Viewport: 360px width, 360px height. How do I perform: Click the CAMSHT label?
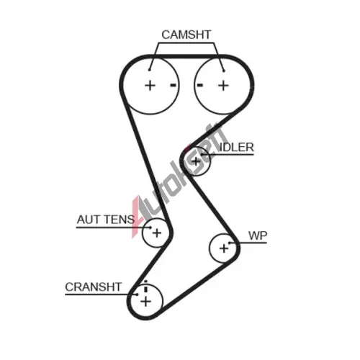[186, 35]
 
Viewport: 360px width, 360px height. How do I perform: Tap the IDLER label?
[237, 147]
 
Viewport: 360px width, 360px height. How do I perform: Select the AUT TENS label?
[106, 220]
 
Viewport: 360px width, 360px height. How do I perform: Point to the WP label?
[258, 235]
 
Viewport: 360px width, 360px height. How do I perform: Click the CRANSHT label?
[94, 287]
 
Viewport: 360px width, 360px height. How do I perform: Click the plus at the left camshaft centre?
[150, 86]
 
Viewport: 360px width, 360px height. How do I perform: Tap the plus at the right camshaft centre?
[223, 86]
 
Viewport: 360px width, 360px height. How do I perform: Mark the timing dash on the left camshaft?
[174, 85]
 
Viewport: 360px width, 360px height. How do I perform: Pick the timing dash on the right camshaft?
[200, 85]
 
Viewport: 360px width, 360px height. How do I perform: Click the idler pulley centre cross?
[196, 161]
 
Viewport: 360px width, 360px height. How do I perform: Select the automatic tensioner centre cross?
[157, 233]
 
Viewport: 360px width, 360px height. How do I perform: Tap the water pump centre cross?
[224, 248]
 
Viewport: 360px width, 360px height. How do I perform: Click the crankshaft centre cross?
[145, 302]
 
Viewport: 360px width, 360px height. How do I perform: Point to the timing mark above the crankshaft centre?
[145, 287]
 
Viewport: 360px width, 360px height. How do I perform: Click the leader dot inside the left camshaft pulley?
[149, 70]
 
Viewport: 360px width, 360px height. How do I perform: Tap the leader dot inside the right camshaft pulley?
[224, 71]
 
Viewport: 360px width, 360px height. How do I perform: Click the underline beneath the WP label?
[248, 243]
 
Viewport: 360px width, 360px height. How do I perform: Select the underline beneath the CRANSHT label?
[101, 294]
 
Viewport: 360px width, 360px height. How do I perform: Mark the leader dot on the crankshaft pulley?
[138, 294]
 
